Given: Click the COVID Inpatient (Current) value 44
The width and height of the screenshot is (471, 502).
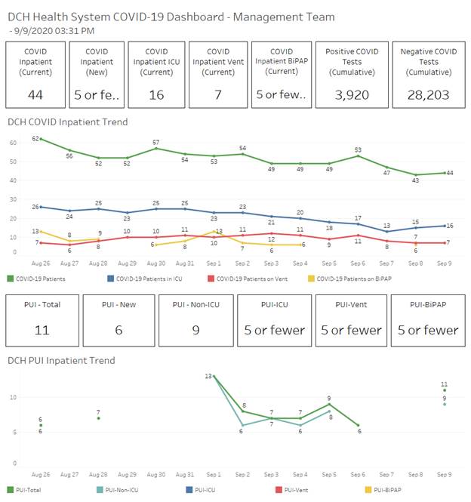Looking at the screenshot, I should (35, 94).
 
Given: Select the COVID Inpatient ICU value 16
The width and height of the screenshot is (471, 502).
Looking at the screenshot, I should (156, 94).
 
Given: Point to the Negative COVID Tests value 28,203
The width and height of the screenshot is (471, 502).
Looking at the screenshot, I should (428, 94).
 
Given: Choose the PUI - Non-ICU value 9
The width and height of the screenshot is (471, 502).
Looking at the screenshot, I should (194, 330).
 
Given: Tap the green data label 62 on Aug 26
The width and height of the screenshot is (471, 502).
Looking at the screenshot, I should (35, 138).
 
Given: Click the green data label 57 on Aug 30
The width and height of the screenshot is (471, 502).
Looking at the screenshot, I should (155, 142).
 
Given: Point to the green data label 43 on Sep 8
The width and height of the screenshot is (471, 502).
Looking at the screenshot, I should (414, 180).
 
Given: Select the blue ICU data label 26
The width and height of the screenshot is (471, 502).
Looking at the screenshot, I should (35, 206).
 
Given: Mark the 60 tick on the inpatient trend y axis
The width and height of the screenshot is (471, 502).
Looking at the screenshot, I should (13, 143).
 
